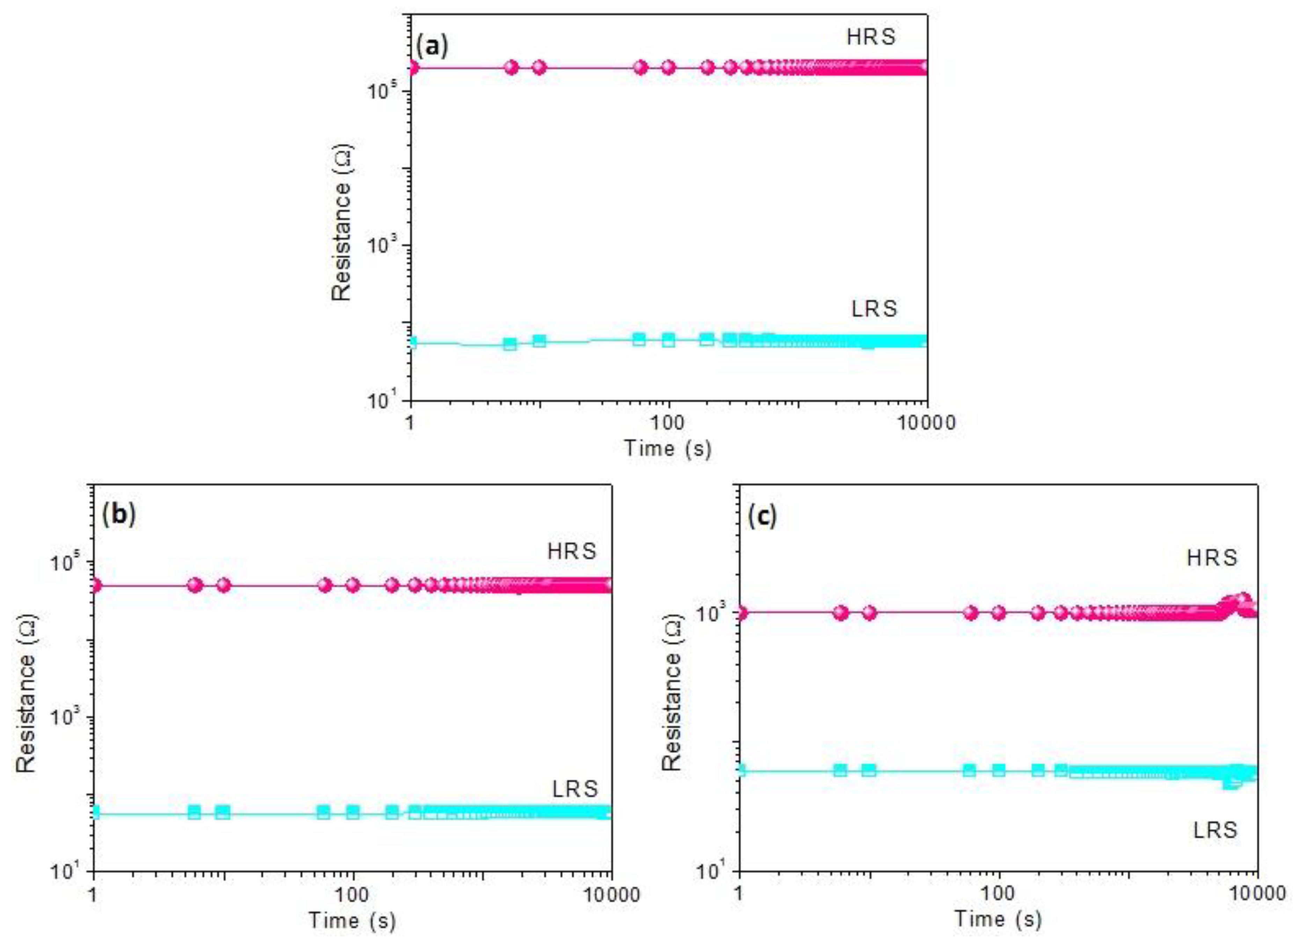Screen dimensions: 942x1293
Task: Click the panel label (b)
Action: (119, 515)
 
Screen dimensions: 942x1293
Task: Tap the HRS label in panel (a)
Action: (870, 37)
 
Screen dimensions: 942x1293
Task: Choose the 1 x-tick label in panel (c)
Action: (739, 893)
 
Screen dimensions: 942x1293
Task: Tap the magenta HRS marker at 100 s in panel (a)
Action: (668, 68)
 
